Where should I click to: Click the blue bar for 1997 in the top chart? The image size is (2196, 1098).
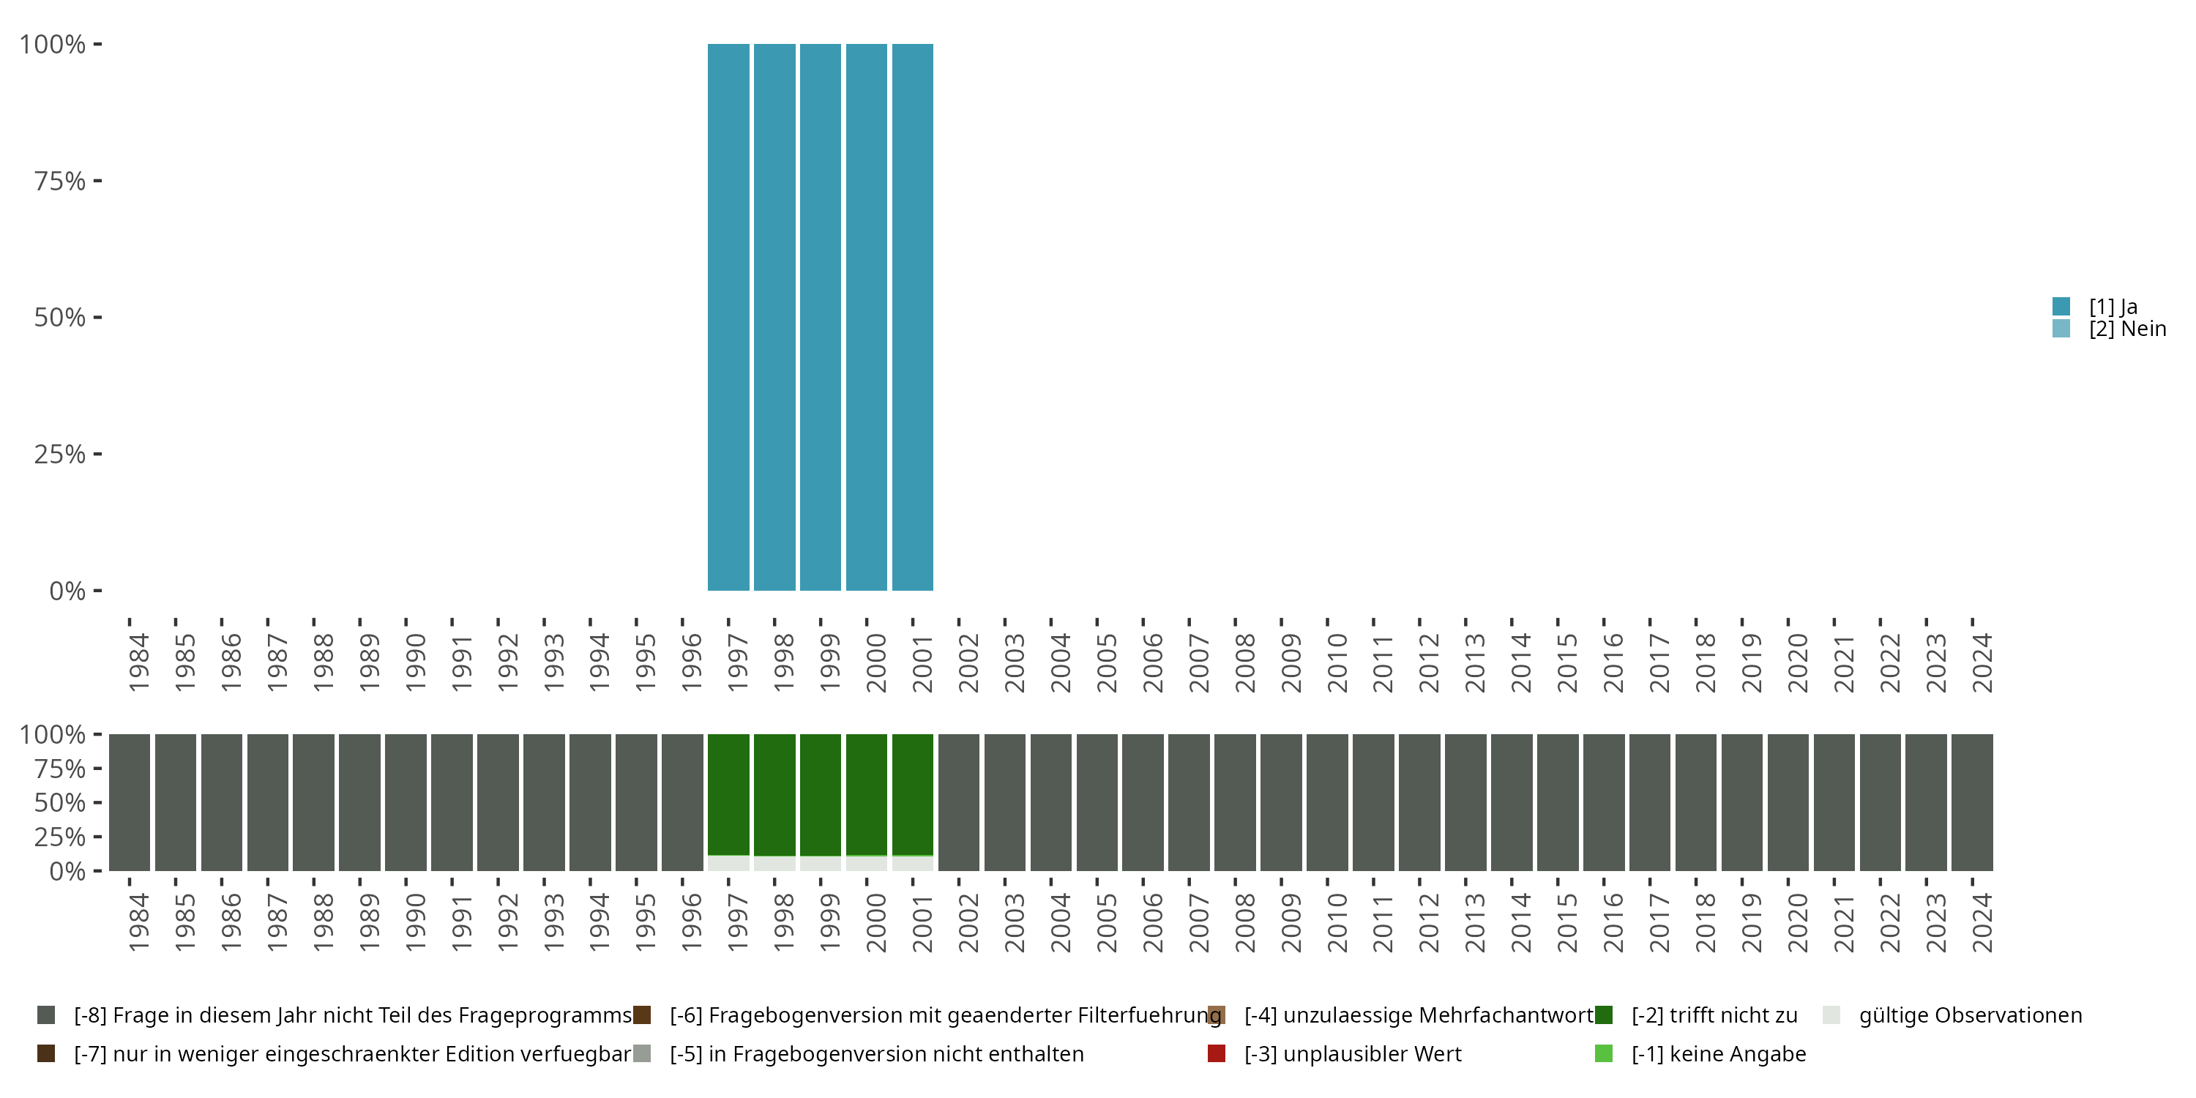point(728,317)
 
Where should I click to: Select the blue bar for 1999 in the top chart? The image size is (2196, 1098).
point(820,317)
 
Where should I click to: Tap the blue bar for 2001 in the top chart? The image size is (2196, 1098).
point(912,317)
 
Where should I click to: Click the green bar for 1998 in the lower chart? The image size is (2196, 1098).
point(774,794)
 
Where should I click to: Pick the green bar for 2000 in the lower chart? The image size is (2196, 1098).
point(866,794)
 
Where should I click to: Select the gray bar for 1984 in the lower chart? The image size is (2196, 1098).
point(130,802)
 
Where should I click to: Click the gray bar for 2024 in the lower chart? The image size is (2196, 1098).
point(1972,802)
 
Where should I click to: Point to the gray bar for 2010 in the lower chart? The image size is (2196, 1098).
point(1327,802)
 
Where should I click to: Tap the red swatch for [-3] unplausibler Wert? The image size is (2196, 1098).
point(1217,1053)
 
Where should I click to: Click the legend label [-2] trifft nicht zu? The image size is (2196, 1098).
point(1714,1015)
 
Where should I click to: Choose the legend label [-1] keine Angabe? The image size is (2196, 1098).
point(1718,1053)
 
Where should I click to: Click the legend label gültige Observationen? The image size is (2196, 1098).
point(1970,1015)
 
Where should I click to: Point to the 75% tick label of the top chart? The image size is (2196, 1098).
point(60,181)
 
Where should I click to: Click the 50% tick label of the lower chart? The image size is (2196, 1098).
point(60,802)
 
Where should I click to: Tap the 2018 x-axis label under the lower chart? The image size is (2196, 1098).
point(1705,922)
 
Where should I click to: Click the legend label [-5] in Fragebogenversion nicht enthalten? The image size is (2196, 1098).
point(876,1053)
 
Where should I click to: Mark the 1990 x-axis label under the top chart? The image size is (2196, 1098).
point(415,662)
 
